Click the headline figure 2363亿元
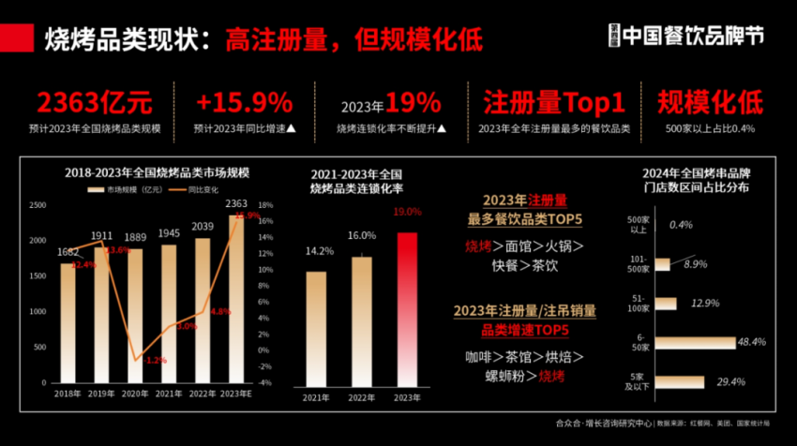click(x=94, y=102)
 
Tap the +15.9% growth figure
click(x=246, y=102)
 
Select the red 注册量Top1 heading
click(x=553, y=102)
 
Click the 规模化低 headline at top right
click(x=710, y=102)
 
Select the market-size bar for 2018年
click(x=68, y=323)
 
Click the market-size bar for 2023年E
click(x=236, y=300)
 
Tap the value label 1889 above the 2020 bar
click(x=136, y=237)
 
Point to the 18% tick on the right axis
click(x=265, y=205)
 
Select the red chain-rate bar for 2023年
click(x=406, y=309)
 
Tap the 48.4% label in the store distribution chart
click(x=753, y=343)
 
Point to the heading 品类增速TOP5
click(x=525, y=330)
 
